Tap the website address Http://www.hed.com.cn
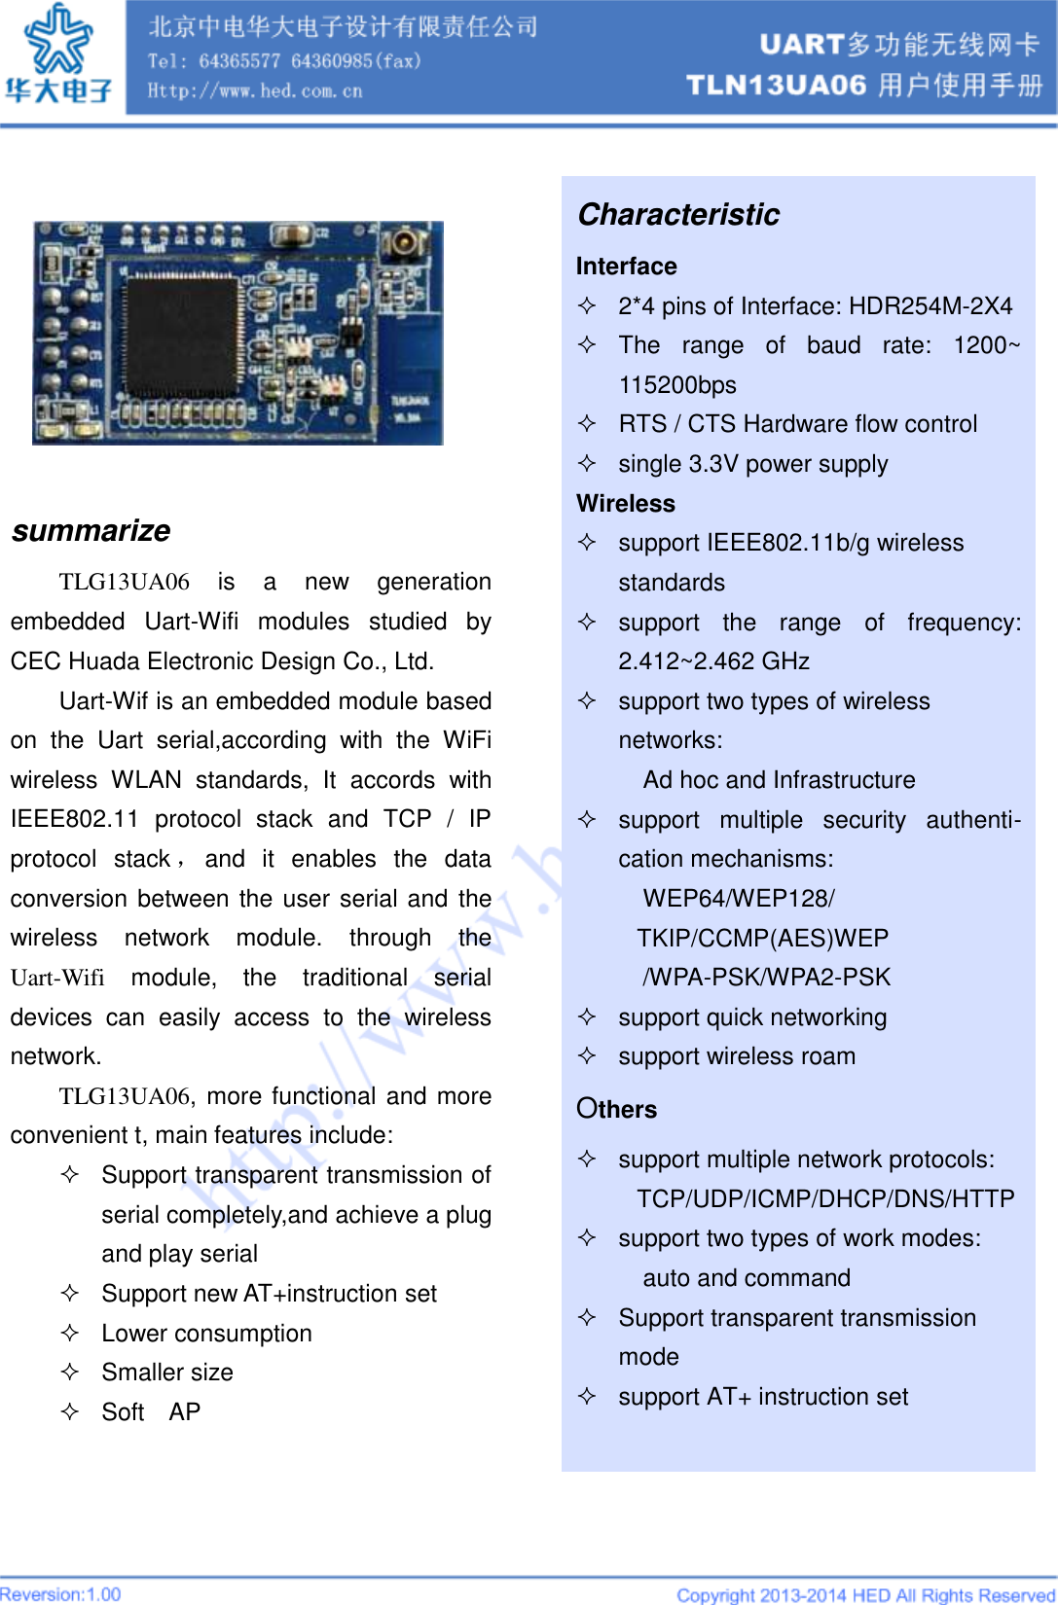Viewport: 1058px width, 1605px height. [255, 91]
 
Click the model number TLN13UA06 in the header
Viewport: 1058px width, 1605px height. [776, 86]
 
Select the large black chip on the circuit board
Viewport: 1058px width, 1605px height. [182, 332]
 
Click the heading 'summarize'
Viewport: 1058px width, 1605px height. [91, 530]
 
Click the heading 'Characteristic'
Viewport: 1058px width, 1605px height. [678, 214]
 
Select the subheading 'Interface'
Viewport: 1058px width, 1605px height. [626, 267]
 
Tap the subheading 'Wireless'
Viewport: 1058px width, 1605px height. [625, 503]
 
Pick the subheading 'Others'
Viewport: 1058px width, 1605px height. [616, 1109]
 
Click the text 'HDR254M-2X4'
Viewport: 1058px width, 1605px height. [930, 306]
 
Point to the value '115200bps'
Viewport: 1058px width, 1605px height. [677, 385]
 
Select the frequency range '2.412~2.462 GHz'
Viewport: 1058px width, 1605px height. [713, 661]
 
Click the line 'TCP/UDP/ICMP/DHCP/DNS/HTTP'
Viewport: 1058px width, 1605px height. [825, 1198]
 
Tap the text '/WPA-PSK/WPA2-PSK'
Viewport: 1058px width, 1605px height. [766, 977]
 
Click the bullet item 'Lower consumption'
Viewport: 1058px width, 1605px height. [206, 1334]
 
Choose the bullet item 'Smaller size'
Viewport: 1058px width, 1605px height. [167, 1373]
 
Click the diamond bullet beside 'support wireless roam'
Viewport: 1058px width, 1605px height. [587, 1055]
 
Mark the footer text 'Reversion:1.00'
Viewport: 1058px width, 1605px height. [60, 1594]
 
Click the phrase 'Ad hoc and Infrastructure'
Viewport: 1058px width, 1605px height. [779, 780]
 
